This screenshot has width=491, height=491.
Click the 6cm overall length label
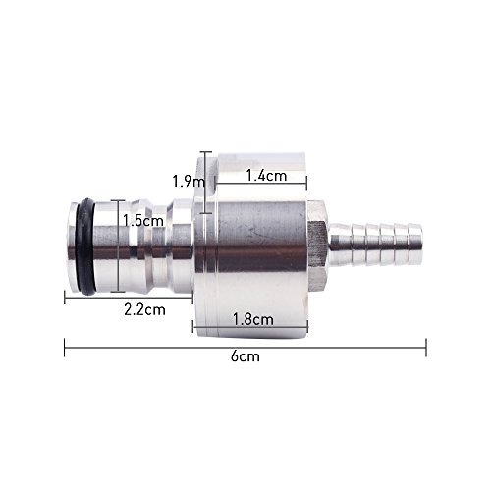[245, 356]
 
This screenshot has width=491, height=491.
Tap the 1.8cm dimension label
[252, 319]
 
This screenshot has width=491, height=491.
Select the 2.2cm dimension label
[144, 309]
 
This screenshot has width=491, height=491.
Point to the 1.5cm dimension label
[143, 221]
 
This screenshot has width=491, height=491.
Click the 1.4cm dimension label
[266, 176]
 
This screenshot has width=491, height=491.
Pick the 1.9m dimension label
[189, 181]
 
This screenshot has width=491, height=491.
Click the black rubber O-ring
[85, 246]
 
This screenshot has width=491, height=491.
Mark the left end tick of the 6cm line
[65, 348]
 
